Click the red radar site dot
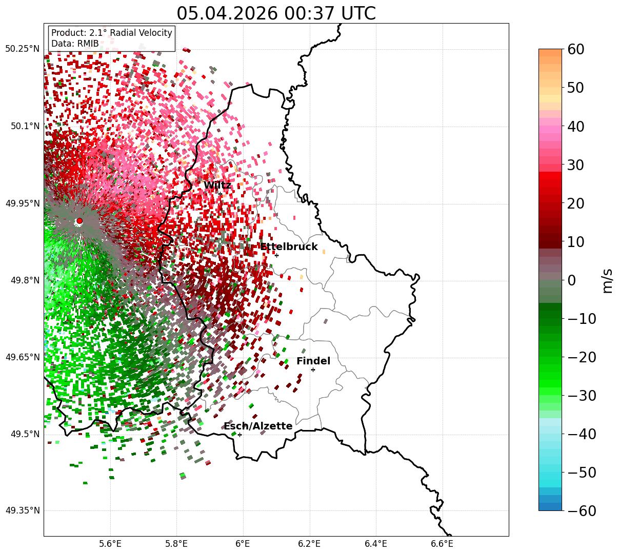[79, 220]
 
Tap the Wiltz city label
[217, 185]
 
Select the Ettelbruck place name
[289, 247]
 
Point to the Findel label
[313, 361]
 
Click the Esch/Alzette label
[258, 426]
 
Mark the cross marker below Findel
[313, 370]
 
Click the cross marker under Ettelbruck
[276, 255]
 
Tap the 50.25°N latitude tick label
[22, 49]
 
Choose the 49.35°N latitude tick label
[22, 510]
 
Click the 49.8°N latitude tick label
[25, 280]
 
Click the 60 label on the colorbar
[575, 49]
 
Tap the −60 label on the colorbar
[582, 510]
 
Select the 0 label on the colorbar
[572, 280]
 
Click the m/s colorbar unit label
[607, 281]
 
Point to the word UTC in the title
[358, 14]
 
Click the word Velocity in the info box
[155, 33]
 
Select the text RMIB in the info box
[88, 44]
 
